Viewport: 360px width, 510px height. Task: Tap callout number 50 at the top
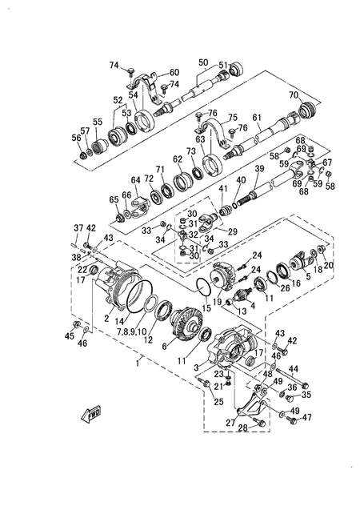point(203,62)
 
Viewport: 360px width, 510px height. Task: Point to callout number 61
point(257,118)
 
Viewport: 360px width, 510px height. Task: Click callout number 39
point(258,169)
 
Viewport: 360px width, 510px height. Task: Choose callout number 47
point(307,418)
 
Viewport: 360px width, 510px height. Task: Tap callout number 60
point(174,73)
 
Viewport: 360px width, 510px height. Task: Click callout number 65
point(113,199)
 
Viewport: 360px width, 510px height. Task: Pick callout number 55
point(98,122)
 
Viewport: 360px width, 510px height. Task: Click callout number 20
point(328,265)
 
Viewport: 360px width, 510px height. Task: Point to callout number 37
point(78,228)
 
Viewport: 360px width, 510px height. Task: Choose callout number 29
point(233,231)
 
